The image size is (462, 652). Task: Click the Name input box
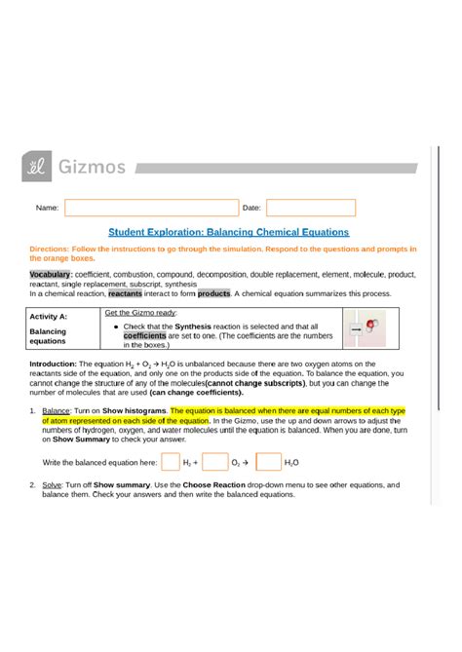(x=151, y=208)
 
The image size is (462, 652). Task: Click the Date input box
(x=311, y=208)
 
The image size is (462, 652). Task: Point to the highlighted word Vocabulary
(x=50, y=275)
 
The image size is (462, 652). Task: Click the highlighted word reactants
(x=125, y=292)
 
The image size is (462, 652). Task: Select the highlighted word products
(x=213, y=292)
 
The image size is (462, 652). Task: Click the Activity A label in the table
(x=48, y=318)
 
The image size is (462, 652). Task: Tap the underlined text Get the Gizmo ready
(x=140, y=313)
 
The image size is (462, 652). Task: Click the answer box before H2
(x=171, y=462)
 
